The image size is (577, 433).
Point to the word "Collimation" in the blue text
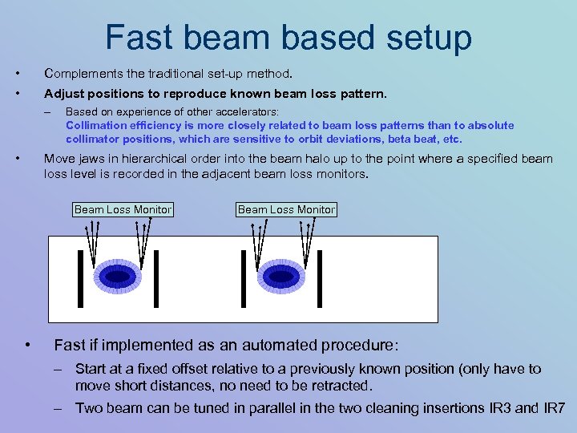95,125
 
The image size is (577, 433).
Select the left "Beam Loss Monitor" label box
123,209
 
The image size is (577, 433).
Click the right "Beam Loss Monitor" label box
286,209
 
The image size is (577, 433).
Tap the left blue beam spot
118,277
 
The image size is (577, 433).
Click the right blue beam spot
280,277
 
